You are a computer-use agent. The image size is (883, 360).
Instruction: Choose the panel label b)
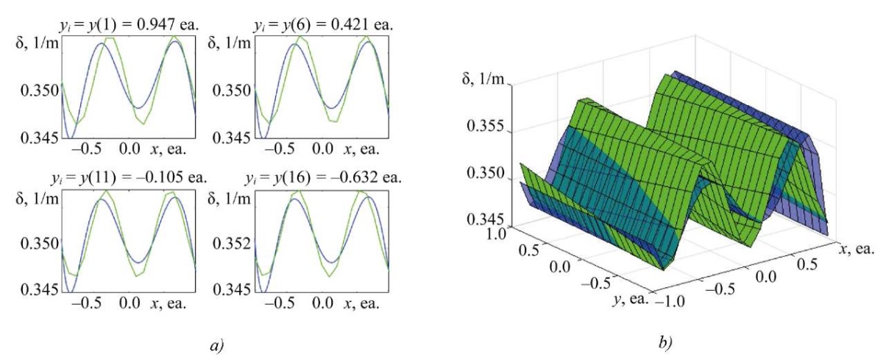point(664,342)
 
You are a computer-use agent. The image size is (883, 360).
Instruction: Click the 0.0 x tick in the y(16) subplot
point(322,303)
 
